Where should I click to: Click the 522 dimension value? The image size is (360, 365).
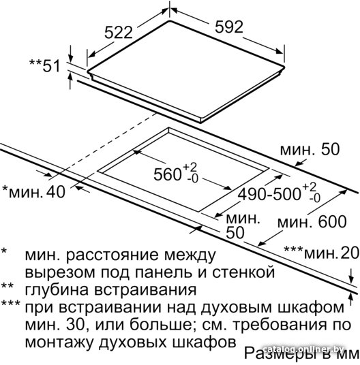pyautogui.click(x=119, y=33)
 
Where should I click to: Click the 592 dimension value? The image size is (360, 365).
pyautogui.click(x=229, y=27)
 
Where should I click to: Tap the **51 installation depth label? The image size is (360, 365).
pyautogui.click(x=45, y=65)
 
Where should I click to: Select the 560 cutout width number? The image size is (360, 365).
pyautogui.click(x=167, y=174)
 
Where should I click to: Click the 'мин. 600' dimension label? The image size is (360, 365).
pyautogui.click(x=312, y=221)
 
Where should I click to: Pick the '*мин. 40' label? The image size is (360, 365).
pyautogui.click(x=33, y=192)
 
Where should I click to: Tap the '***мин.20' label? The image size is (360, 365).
pyautogui.click(x=322, y=253)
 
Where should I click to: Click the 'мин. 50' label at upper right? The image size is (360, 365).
pyautogui.click(x=310, y=149)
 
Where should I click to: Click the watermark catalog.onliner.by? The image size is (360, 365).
pyautogui.click(x=303, y=349)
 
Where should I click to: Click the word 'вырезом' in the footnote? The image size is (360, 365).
pyautogui.click(x=60, y=272)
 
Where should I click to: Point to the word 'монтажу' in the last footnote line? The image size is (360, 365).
pyautogui.click(x=59, y=342)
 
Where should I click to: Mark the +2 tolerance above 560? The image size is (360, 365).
pyautogui.click(x=190, y=167)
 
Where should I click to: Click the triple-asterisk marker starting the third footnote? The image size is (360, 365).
pyautogui.click(x=11, y=303)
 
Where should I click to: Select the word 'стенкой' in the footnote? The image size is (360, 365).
pyautogui.click(x=243, y=272)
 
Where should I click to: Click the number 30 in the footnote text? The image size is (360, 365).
pyautogui.click(x=75, y=325)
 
